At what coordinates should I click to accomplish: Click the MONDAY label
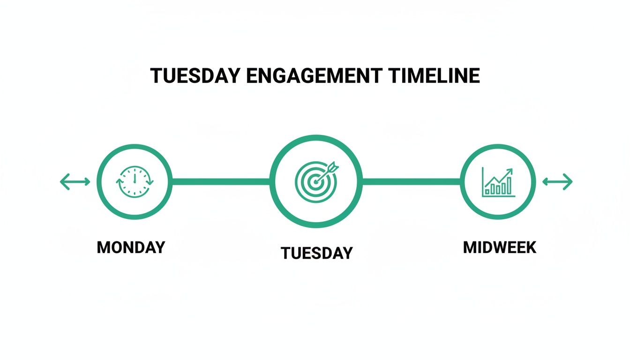tap(131, 247)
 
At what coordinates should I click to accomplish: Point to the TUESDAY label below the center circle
tap(316, 253)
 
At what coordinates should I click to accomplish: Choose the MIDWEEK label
tap(499, 247)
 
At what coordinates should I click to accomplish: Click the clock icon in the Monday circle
tap(135, 181)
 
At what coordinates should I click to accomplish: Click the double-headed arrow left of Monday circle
tap(75, 181)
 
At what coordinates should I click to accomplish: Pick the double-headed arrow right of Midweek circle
tap(557, 181)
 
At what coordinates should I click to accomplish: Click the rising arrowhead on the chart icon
tap(510, 172)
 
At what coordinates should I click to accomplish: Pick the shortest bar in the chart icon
tap(487, 191)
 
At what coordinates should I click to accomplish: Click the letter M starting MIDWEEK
tap(470, 247)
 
